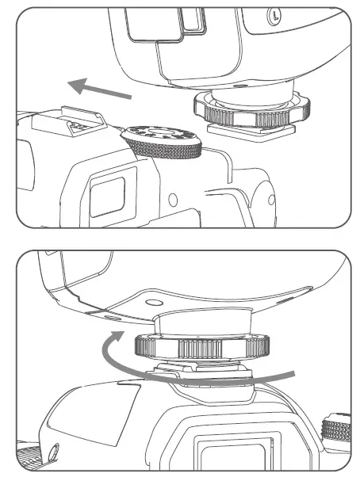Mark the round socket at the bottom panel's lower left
[x=55, y=454]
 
